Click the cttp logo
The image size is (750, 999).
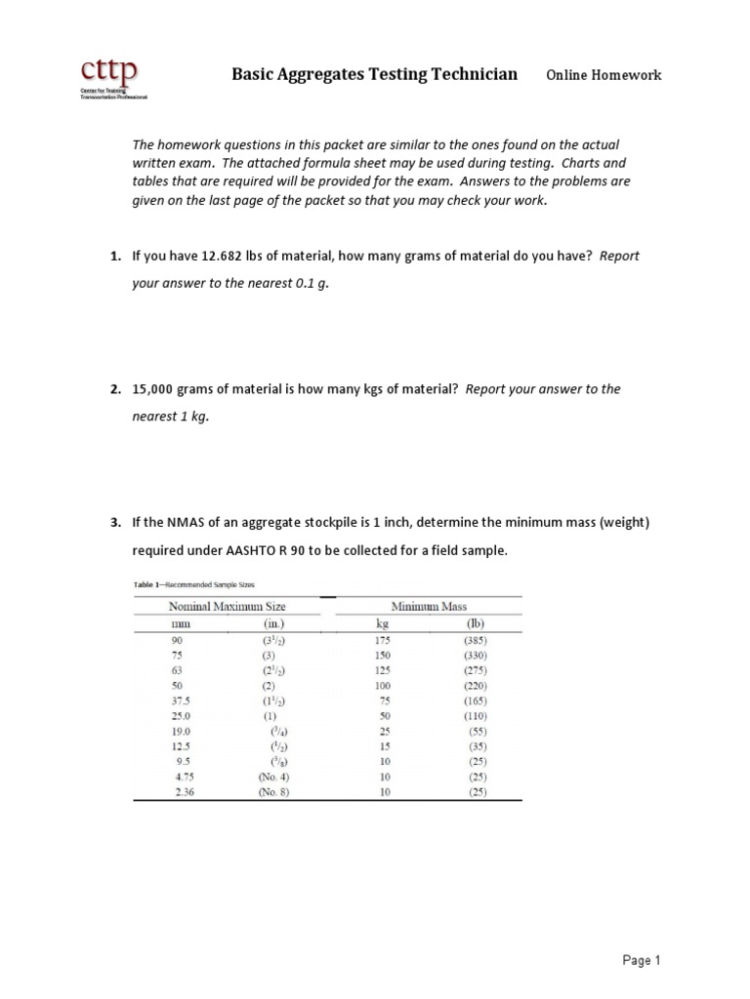click(110, 78)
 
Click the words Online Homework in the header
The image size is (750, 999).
click(603, 75)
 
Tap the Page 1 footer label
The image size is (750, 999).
click(642, 961)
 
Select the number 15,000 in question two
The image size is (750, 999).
click(154, 389)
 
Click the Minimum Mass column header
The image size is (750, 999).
click(429, 606)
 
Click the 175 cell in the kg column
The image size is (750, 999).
click(383, 641)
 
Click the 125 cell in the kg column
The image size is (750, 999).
click(383, 671)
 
